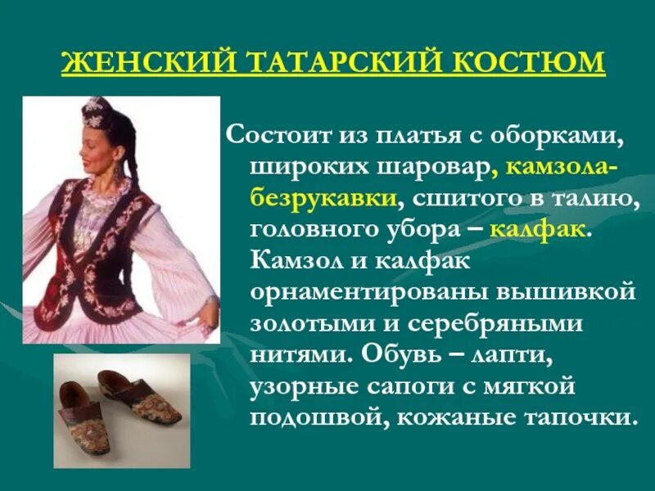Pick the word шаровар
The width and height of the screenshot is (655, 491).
(x=444, y=166)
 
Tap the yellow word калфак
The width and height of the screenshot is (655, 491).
(x=537, y=229)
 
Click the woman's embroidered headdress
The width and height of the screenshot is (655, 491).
(x=97, y=112)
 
